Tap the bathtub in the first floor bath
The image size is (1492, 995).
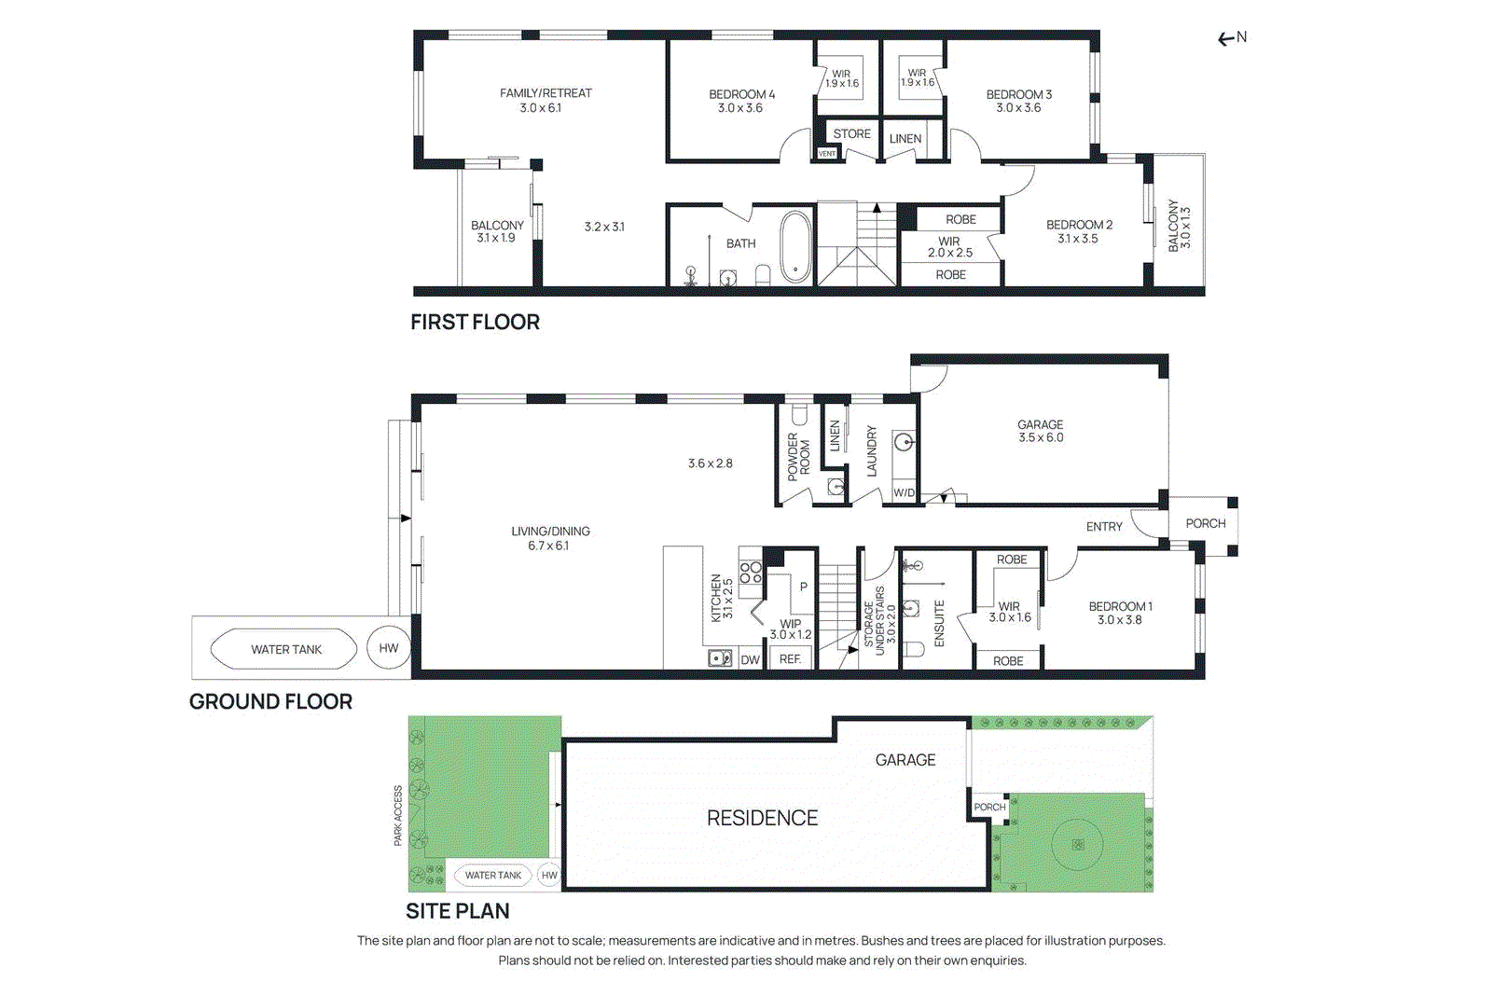(x=795, y=246)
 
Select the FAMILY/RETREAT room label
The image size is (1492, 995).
(x=546, y=93)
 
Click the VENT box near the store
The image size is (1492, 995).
(x=827, y=153)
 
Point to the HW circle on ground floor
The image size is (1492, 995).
(x=389, y=648)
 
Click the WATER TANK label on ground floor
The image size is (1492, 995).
(x=285, y=649)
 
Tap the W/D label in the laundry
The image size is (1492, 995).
(x=904, y=492)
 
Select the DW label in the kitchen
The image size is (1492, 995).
(x=750, y=659)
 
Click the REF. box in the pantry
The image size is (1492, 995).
(x=791, y=658)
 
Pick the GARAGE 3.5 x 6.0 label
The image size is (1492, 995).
(x=1041, y=431)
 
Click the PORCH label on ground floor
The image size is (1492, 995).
(x=1205, y=523)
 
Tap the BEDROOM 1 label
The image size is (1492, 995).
(x=1120, y=613)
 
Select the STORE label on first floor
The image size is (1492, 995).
(x=851, y=133)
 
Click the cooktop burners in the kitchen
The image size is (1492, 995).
(x=750, y=572)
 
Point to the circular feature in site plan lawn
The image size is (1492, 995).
(x=1078, y=844)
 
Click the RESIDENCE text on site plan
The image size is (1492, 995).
(x=762, y=818)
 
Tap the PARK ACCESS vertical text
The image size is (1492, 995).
(x=398, y=815)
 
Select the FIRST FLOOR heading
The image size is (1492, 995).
(x=475, y=322)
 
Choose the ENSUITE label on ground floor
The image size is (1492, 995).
(x=939, y=623)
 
